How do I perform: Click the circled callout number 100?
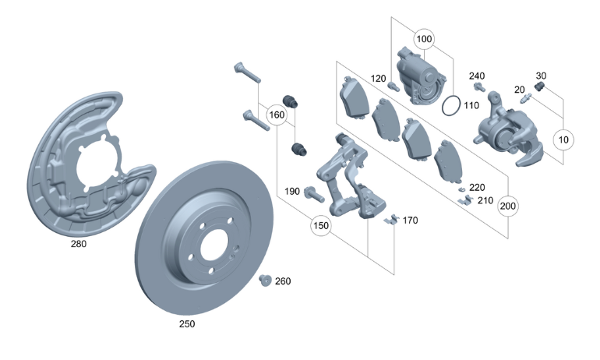[424, 38]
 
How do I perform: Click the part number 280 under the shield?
[78, 243]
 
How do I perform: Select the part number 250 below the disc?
[186, 323]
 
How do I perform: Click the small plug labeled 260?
[264, 281]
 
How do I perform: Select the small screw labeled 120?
[393, 86]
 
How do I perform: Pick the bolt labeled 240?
[476, 90]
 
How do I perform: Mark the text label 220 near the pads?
[476, 188]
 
